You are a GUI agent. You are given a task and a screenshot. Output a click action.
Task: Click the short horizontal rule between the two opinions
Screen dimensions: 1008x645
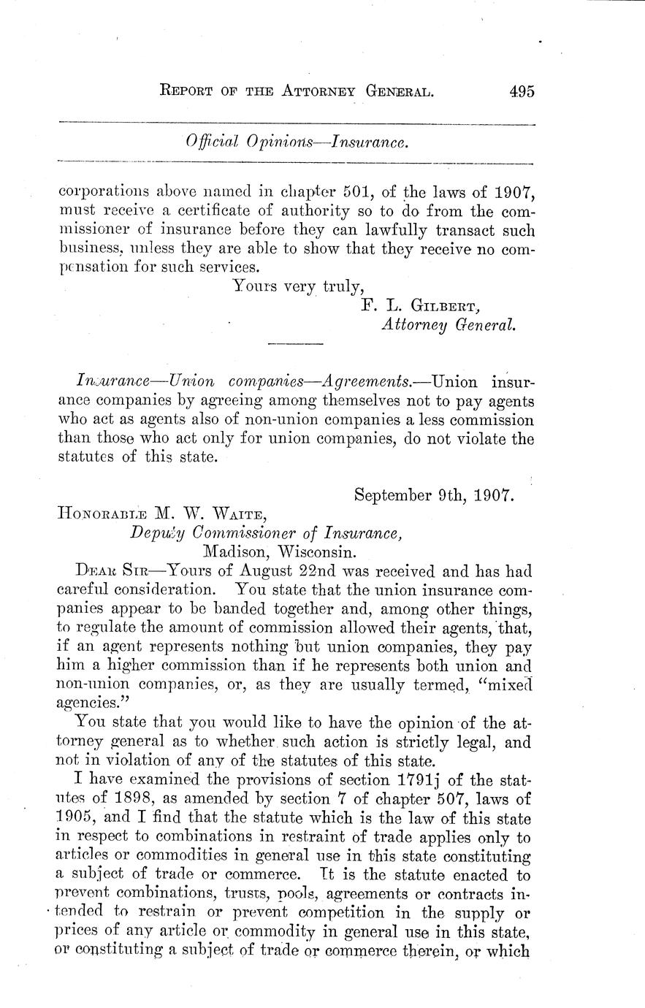295,343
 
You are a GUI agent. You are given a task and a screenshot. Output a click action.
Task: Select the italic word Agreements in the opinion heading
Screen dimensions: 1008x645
365,381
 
